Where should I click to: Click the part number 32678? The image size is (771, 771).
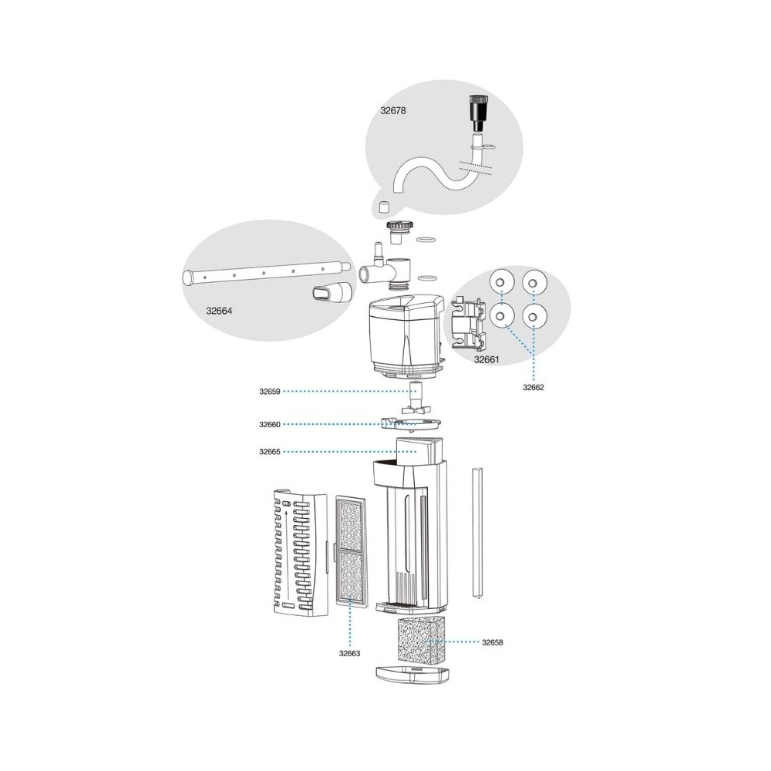tap(392, 110)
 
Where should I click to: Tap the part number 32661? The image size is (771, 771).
tap(486, 359)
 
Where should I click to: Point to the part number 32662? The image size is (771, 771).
tap(533, 388)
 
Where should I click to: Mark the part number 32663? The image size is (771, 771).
tap(351, 653)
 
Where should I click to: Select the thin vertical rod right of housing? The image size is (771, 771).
tap(476, 532)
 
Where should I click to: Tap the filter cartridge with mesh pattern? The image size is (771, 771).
tap(352, 548)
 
